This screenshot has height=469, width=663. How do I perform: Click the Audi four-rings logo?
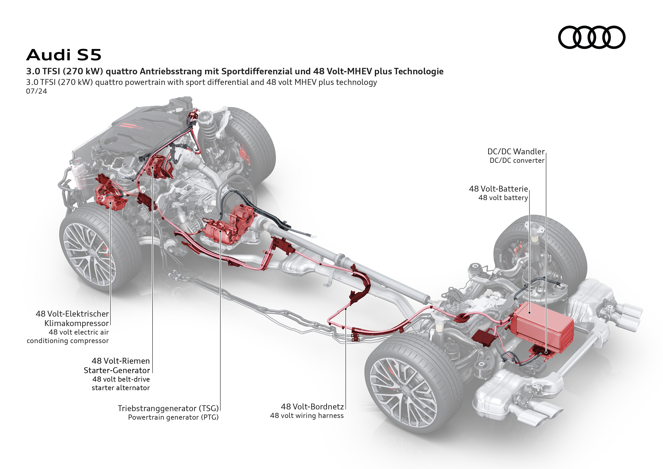click(591, 37)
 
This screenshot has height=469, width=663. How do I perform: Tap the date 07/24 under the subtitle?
click(36, 91)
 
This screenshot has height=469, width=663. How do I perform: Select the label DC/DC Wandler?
click(516, 152)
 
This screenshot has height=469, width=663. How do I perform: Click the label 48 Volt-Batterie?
click(498, 189)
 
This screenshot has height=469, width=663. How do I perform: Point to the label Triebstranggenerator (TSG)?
click(168, 408)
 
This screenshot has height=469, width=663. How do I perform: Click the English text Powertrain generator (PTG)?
click(173, 417)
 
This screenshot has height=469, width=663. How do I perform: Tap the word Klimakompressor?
click(77, 323)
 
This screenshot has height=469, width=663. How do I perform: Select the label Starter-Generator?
click(117, 370)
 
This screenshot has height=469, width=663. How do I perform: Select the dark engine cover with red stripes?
click(136, 127)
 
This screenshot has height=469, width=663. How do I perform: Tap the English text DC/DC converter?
click(517, 161)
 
